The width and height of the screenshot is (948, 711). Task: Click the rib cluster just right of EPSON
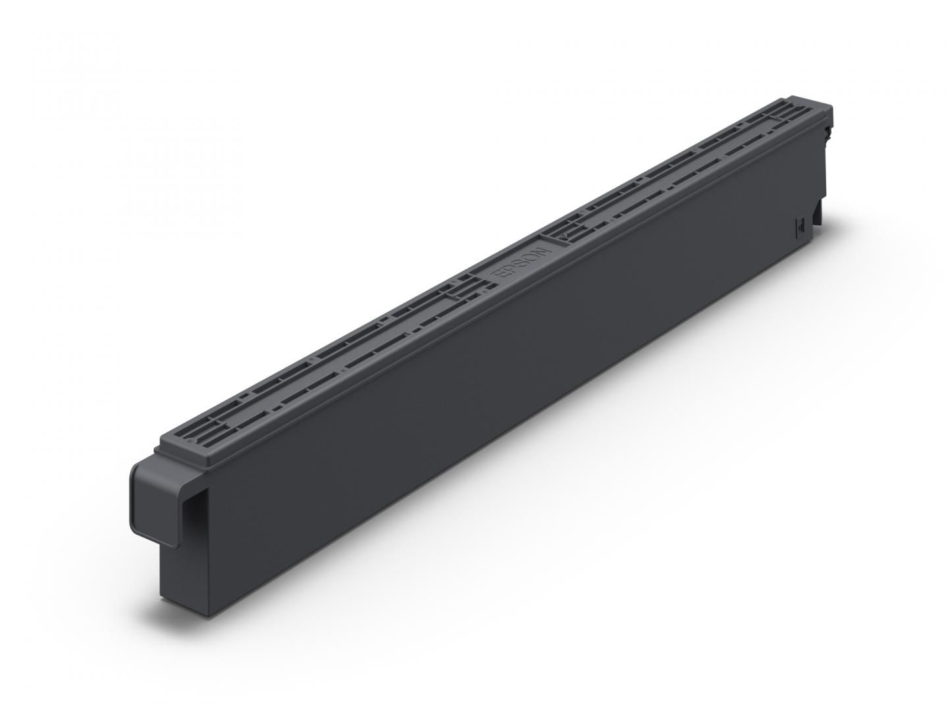(x=573, y=230)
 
